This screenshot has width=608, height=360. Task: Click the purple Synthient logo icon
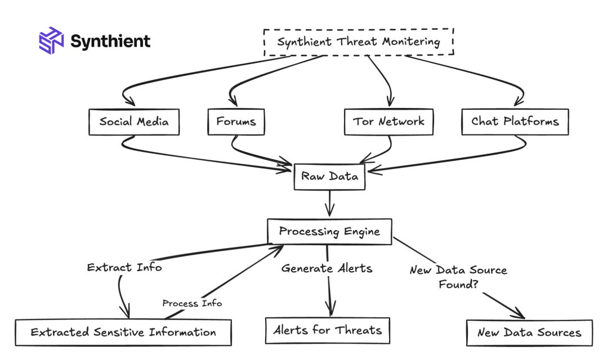pos(51,40)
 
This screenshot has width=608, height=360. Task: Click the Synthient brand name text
pos(110,41)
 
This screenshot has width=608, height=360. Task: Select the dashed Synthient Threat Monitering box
pos(359,42)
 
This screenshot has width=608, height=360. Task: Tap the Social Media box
pos(134,121)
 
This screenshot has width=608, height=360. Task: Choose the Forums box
pos(236,121)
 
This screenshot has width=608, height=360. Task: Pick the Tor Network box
pos(388,121)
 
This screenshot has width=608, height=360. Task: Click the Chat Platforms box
pos(515,121)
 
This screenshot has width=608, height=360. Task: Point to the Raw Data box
pos(329,177)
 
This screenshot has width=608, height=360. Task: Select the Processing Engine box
pos(329,231)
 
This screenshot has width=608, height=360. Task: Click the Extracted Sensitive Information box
pos(123,332)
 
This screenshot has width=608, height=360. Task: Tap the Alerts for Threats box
pos(328,330)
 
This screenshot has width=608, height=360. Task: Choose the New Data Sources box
pos(529,332)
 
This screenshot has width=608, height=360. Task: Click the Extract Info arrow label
pos(124,267)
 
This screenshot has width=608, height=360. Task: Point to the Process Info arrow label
pos(192,303)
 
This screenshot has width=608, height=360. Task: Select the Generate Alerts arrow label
pos(327,268)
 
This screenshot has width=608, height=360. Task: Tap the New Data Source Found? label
pos(458,277)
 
